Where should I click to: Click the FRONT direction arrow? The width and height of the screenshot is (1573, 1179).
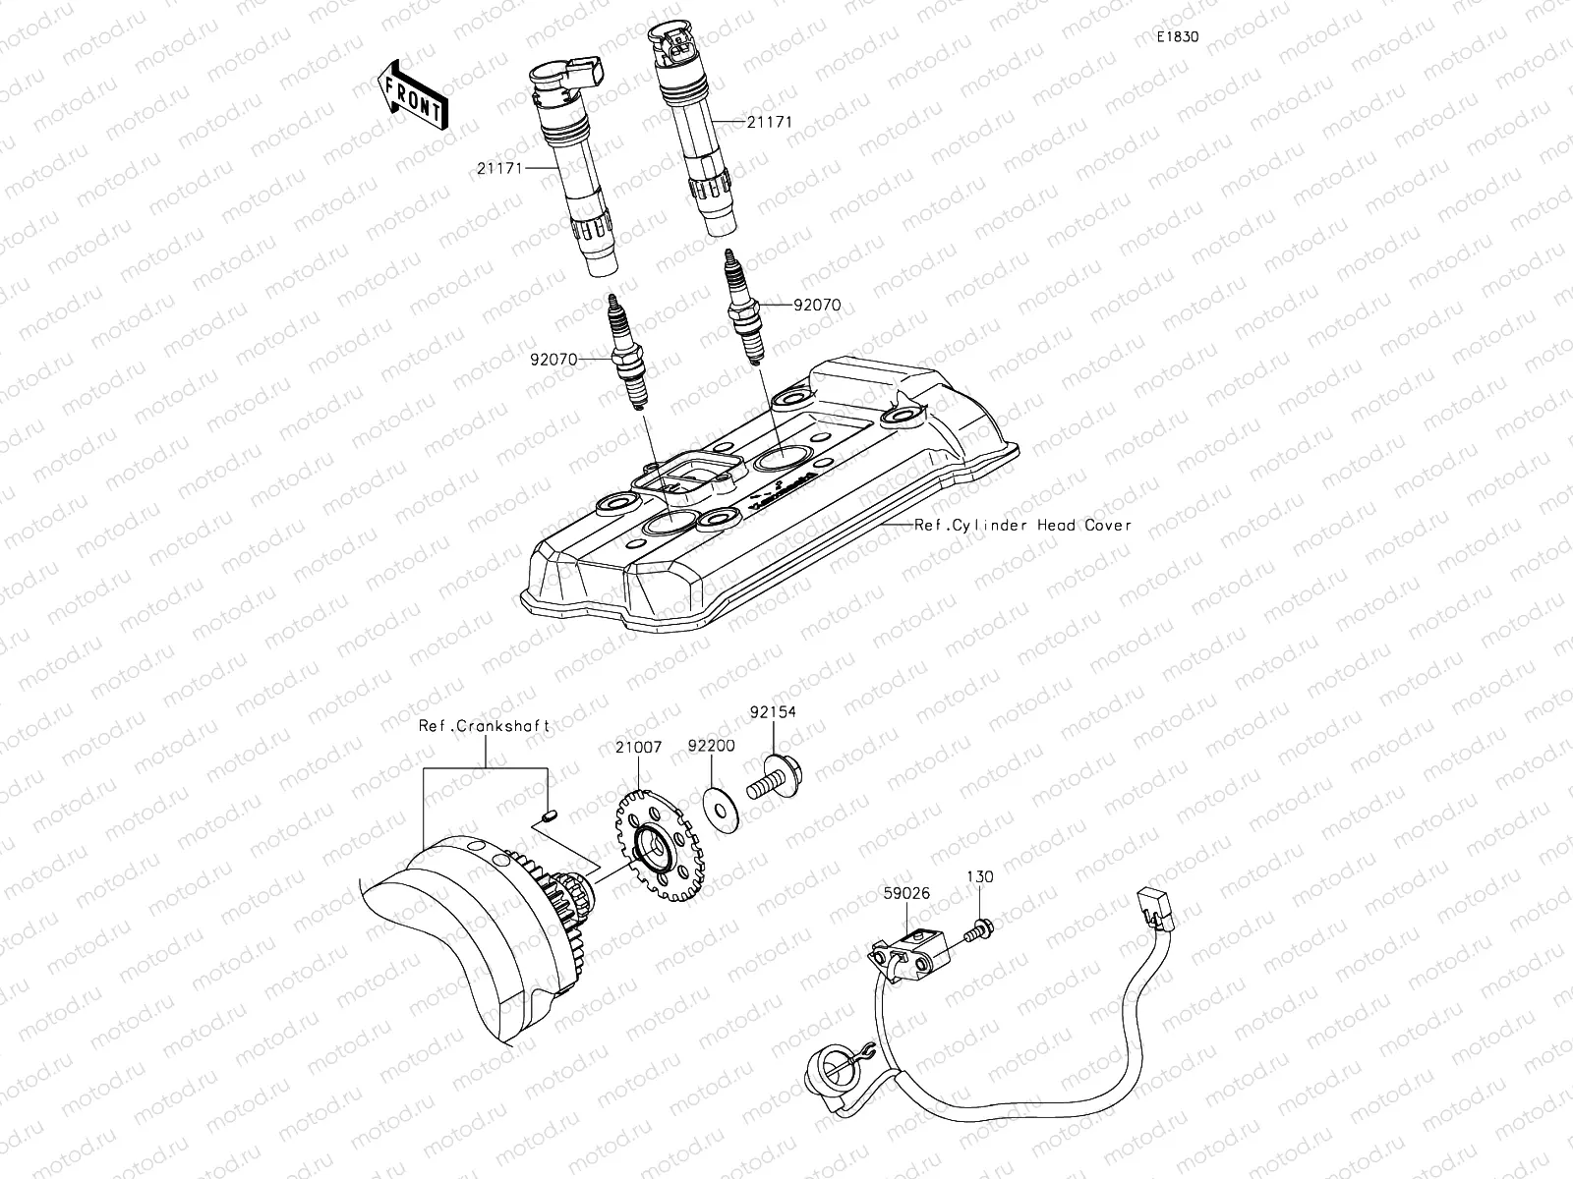tap(411, 93)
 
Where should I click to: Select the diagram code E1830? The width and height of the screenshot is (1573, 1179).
tap(1177, 37)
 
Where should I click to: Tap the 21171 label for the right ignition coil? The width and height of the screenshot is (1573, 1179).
tap(769, 122)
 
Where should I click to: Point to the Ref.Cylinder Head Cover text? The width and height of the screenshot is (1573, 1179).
tap(1022, 526)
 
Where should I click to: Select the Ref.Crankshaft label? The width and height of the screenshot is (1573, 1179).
tap(484, 726)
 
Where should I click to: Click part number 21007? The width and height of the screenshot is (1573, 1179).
tap(638, 748)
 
